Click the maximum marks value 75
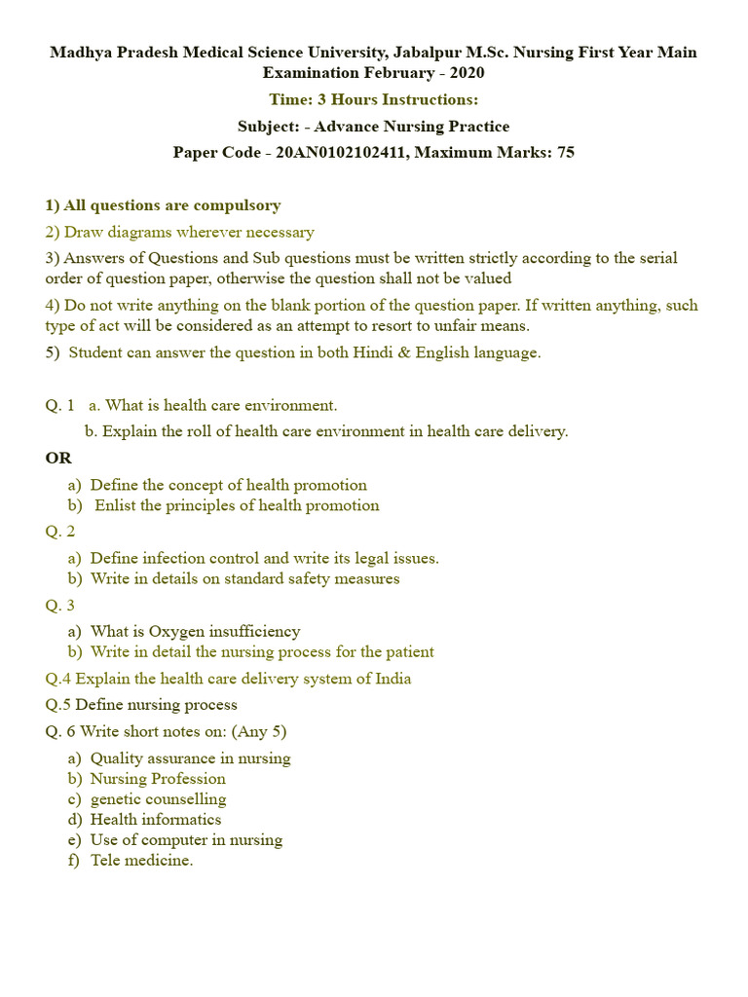click(x=565, y=153)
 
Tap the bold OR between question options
click(x=58, y=458)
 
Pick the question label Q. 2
click(x=59, y=531)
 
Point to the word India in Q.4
click(x=393, y=679)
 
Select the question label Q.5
click(x=57, y=704)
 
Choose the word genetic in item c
click(x=116, y=799)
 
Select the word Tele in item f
click(x=105, y=860)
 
